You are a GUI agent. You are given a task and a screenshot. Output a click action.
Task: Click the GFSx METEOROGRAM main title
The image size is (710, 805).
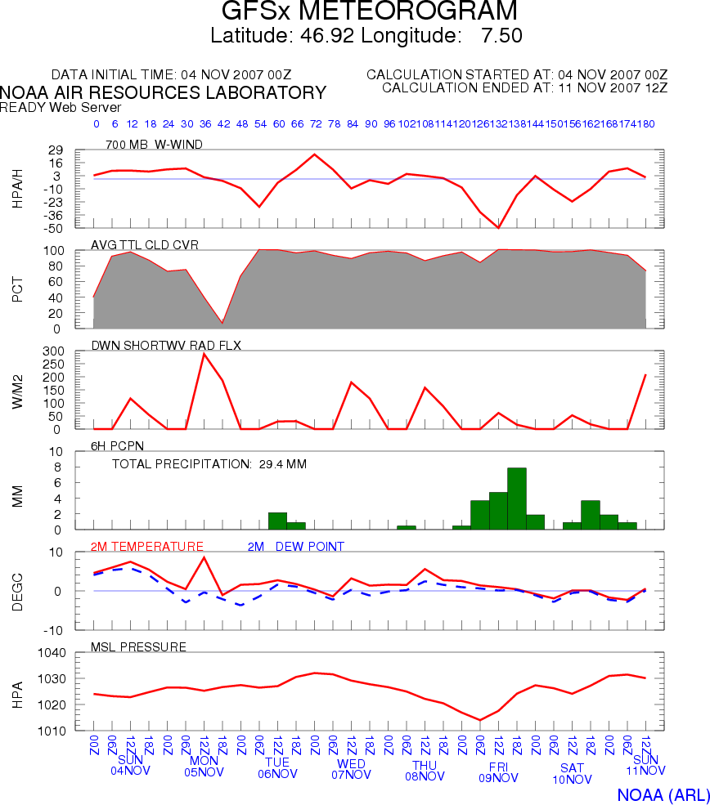[x=370, y=12]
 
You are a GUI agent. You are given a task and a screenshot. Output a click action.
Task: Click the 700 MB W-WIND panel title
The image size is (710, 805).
[x=154, y=145]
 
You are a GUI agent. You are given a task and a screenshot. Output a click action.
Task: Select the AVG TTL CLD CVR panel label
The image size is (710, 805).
[x=144, y=244]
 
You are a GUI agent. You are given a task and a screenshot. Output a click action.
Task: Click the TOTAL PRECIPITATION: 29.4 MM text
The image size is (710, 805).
[x=209, y=464]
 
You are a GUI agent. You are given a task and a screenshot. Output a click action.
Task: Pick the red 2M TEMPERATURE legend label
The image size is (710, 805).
[x=146, y=546]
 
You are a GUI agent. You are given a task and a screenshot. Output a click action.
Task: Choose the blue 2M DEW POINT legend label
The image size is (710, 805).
[x=295, y=546]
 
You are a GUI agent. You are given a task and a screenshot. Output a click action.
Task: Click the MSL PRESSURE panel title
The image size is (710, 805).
[x=138, y=647]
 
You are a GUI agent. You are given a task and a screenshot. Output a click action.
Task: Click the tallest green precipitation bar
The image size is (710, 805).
[x=517, y=499]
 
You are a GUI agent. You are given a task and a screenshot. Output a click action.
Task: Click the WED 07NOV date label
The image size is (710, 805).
[x=351, y=768]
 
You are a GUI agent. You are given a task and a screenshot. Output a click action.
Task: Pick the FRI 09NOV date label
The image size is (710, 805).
[x=498, y=771]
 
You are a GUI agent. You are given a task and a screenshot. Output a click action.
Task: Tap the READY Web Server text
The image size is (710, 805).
[x=61, y=107]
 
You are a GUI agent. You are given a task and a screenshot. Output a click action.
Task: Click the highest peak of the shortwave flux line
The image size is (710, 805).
[x=204, y=353]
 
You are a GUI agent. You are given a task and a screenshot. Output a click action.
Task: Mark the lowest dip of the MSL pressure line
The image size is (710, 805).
[x=480, y=720]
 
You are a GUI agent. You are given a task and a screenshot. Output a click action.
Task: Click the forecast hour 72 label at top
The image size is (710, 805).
[x=315, y=124]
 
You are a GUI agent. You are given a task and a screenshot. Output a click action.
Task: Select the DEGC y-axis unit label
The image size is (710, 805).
[x=18, y=591]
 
